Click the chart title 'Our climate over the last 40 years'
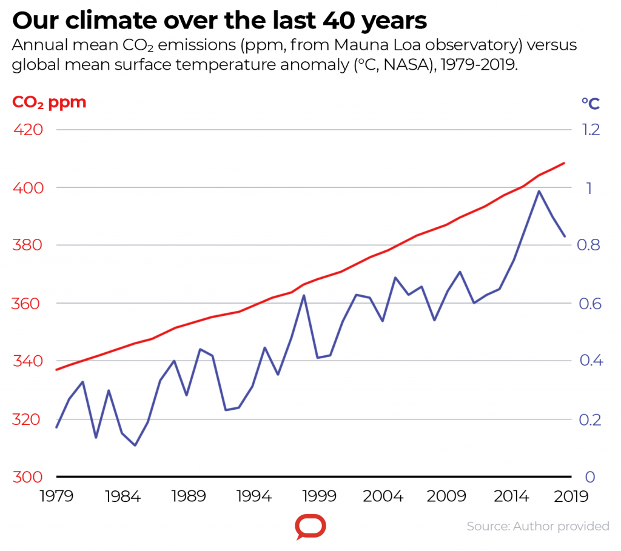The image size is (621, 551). coord(220,21)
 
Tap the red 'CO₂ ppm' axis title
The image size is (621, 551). coord(50,102)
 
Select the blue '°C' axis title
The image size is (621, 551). coord(590,104)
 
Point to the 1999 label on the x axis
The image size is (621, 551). coord(319,497)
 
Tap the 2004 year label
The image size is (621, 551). coord(384,497)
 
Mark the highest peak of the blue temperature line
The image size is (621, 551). coord(539,191)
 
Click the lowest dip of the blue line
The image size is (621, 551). coord(135,446)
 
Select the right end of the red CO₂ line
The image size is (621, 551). coord(565,163)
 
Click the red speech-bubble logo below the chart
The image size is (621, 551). coord(310,526)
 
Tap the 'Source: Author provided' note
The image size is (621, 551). coord(538,526)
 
